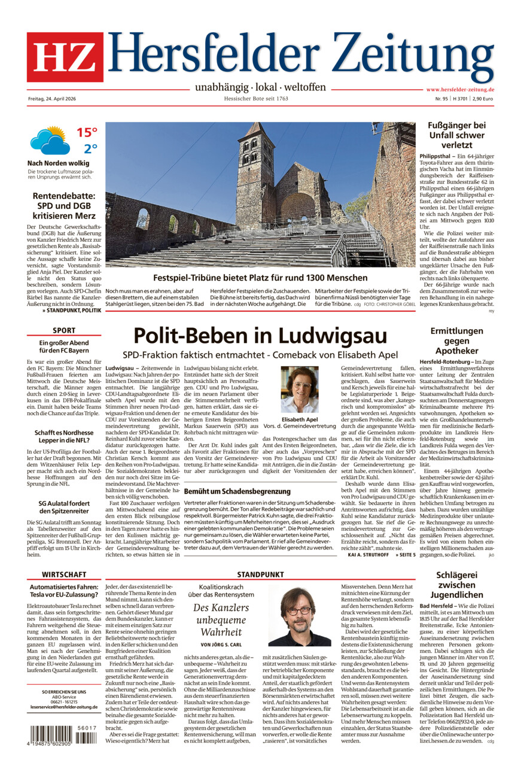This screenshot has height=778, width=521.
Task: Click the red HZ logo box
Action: click(x=65, y=57)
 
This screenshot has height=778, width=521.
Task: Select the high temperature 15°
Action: click(x=86, y=132)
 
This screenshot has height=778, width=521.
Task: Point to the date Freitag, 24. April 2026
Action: click(x=56, y=98)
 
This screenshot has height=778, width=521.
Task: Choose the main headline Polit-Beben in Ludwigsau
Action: click(x=260, y=335)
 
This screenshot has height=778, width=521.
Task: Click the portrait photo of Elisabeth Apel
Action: click(x=300, y=390)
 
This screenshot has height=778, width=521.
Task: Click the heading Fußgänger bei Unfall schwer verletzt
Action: click(x=456, y=135)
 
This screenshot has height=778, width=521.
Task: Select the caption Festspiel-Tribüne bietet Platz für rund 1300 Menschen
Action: click(x=260, y=278)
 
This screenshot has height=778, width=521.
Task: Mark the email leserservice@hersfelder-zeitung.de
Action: click(x=65, y=707)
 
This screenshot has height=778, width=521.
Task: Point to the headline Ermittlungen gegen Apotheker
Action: click(x=456, y=341)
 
